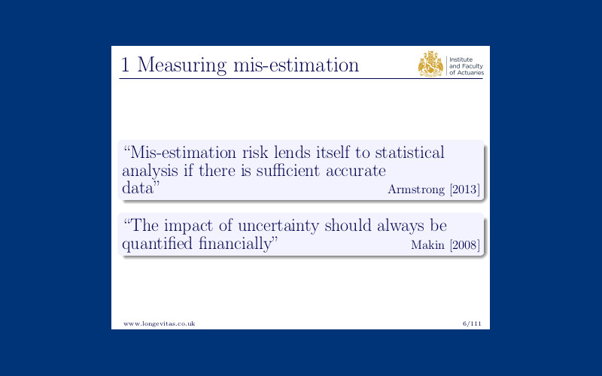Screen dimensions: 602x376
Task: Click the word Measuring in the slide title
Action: point(182,65)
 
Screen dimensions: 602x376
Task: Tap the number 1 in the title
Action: point(125,64)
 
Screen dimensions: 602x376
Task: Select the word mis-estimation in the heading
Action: point(296,65)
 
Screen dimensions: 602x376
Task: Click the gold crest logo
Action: point(430,64)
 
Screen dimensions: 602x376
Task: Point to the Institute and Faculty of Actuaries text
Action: point(467,66)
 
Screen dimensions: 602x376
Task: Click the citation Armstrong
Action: point(416,190)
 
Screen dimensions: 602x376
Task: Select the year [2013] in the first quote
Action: point(464,190)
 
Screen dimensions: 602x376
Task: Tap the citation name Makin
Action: point(427,245)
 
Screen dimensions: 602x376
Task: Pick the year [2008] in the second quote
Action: point(464,245)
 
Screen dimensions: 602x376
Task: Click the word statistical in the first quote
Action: point(409,153)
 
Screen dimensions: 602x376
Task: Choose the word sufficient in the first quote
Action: point(288,171)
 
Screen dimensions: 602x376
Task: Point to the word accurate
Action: point(355,171)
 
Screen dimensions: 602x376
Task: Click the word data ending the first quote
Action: point(137,188)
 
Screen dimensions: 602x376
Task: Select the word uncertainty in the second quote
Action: point(278,226)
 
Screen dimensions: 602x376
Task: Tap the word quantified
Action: point(157,244)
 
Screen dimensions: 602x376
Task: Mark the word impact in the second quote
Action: point(188,226)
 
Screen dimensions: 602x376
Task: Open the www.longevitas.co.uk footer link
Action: point(160,324)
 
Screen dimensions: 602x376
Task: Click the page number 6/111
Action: point(472,323)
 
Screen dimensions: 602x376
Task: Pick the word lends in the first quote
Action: point(292,153)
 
